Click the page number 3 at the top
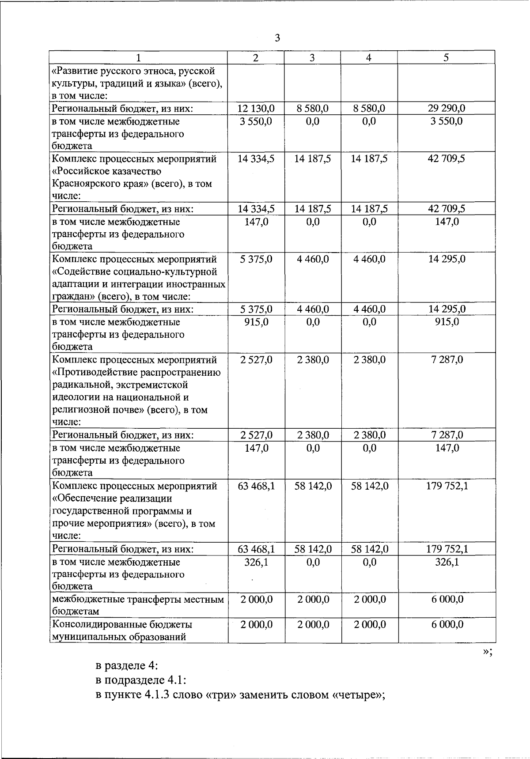277,38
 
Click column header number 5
446,57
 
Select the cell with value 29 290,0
447,109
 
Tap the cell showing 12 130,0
256,109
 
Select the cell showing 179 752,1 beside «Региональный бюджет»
447,549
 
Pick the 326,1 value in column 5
447,563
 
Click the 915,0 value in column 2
256,322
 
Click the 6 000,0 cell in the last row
447,625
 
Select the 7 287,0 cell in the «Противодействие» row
447,360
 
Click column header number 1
138,57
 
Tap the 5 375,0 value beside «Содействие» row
256,259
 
